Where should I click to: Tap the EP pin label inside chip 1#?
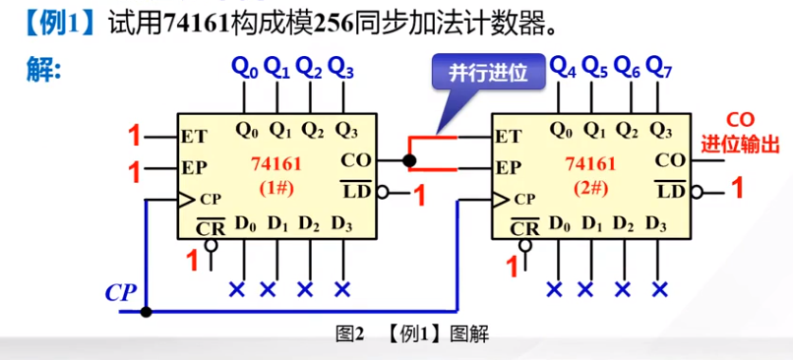(x=194, y=166)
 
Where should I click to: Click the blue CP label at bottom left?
(x=120, y=292)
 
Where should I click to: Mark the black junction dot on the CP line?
(x=146, y=313)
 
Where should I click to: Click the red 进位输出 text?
(x=740, y=145)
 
